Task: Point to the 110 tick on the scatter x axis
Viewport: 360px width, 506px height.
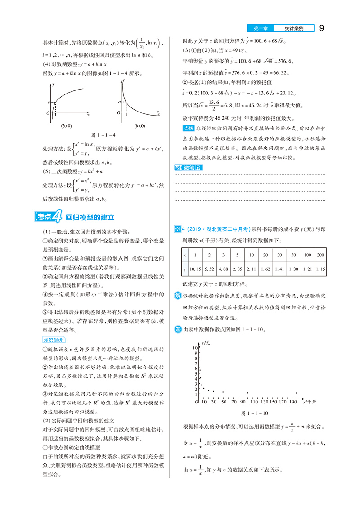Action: pos(256,401)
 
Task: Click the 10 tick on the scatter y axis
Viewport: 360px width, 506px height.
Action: pos(195,348)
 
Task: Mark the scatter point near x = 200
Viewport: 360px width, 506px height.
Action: pos(296,392)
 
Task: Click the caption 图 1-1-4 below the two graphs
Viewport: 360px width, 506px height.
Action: pos(103,134)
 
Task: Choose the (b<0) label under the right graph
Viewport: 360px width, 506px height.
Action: pos(140,126)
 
